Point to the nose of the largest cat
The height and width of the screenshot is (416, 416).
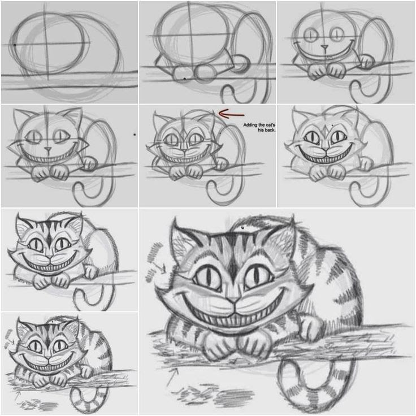[232, 298]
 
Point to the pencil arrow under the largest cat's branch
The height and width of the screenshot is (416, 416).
[171, 376]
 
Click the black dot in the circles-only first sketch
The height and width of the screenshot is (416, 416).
[14, 44]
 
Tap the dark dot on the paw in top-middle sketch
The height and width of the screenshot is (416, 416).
[184, 77]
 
